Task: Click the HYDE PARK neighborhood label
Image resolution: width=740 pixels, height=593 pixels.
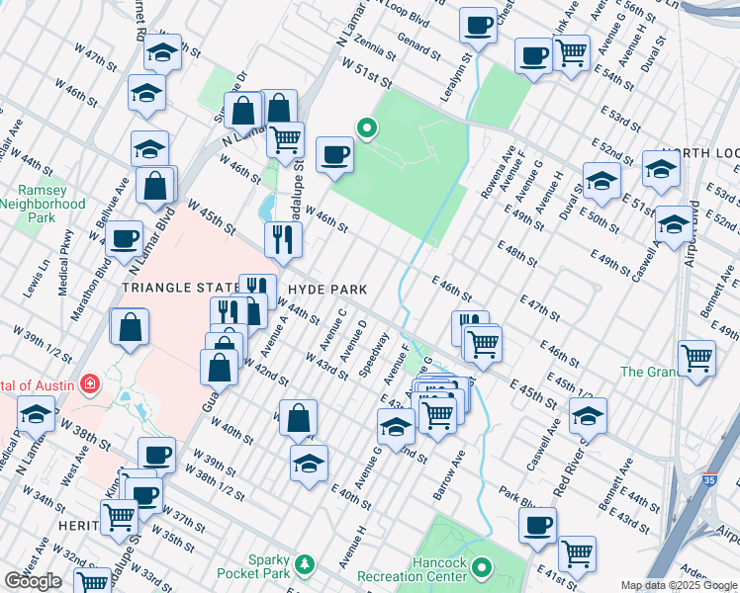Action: [x=327, y=290]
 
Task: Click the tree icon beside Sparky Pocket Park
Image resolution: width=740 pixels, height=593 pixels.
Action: [x=307, y=563]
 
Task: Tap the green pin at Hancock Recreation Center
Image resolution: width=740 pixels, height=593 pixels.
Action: [x=482, y=567]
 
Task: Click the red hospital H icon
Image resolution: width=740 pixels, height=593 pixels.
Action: [x=90, y=382]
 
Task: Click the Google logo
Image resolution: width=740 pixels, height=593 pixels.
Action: [x=33, y=581]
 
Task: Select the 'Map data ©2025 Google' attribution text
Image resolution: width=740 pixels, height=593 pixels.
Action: [x=678, y=585]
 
